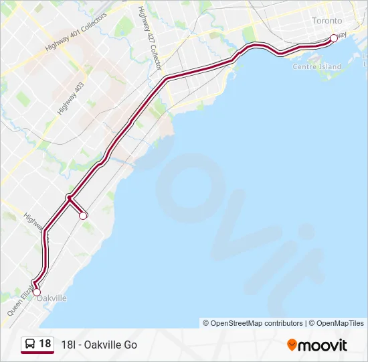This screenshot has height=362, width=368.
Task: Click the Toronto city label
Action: point(327,21)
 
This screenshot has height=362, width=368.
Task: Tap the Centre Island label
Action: point(317,66)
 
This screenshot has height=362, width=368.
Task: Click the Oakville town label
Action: point(52,298)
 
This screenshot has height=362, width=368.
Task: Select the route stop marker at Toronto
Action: point(334,38)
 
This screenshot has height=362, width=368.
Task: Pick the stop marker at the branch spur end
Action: point(83,215)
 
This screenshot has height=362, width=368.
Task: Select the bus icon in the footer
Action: point(30,345)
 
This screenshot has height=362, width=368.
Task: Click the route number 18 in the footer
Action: point(45,344)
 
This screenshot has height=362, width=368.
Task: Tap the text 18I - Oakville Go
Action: point(98,345)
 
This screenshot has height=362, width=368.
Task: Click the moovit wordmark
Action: point(323,345)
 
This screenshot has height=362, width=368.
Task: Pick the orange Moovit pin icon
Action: point(292,345)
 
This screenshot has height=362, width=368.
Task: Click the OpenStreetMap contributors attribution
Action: point(253,323)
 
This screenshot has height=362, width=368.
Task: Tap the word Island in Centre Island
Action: point(330,66)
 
